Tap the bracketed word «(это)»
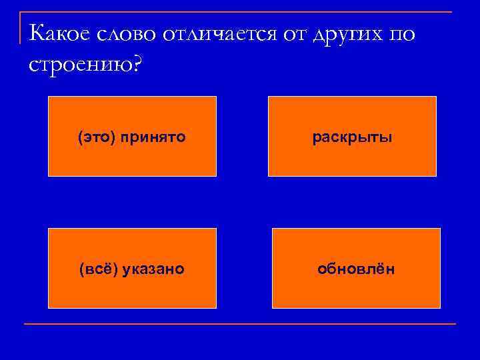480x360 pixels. pos(94,137)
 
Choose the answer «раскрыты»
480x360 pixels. pos(353,137)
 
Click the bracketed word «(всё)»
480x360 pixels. pos(94,269)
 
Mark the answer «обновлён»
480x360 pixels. pos(356,269)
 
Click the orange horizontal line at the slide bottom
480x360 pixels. pos(240,324)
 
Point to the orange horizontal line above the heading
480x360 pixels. pos(240,13)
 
